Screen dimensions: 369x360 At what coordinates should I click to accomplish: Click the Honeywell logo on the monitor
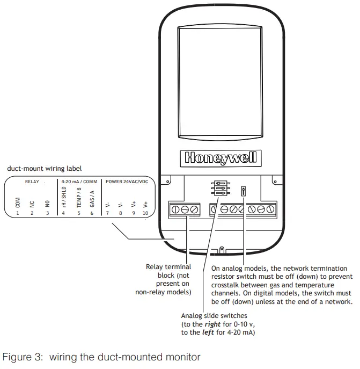pos(221,158)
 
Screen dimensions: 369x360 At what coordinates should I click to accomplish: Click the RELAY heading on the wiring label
pos(32,182)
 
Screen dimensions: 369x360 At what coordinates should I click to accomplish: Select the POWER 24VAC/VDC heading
pos(127,182)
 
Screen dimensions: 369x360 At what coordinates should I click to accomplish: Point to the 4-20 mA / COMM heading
pos(79,182)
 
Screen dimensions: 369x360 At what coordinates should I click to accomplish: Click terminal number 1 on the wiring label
pos(17,213)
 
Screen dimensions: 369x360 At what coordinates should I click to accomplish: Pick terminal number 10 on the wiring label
pos(145,213)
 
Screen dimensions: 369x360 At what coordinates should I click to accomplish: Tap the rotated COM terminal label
pos(17,202)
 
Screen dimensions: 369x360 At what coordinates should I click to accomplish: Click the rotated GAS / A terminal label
pos(92,199)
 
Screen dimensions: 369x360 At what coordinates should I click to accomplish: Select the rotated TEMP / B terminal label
pos(78,198)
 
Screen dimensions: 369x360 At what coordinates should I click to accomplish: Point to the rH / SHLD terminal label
pos(63,197)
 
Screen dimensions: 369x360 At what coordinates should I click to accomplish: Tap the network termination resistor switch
pos(244,190)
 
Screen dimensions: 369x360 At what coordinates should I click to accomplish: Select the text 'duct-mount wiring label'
pos(44,168)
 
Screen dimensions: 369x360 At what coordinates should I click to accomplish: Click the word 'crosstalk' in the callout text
pos(229,285)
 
